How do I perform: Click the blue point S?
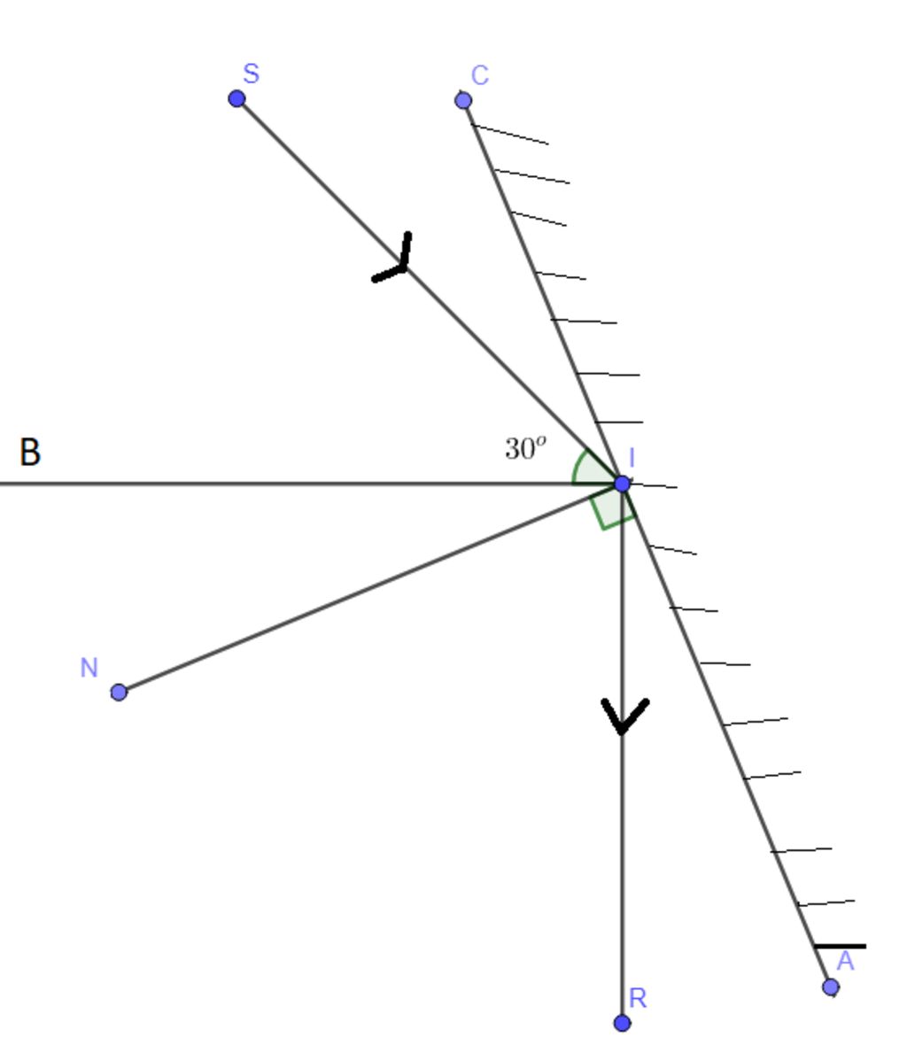pyautogui.click(x=236, y=98)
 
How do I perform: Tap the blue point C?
pyautogui.click(x=463, y=101)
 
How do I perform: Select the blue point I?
pyautogui.click(x=622, y=484)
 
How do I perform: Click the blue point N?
pyautogui.click(x=119, y=693)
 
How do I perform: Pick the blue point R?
pyautogui.click(x=622, y=1023)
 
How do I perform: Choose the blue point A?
pyautogui.click(x=831, y=987)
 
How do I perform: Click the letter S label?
pyautogui.click(x=252, y=74)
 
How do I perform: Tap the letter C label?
pyautogui.click(x=480, y=76)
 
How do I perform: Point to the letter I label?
pyautogui.click(x=632, y=458)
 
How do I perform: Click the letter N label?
pyautogui.click(x=89, y=668)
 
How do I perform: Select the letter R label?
pyautogui.click(x=638, y=999)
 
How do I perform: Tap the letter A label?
pyautogui.click(x=845, y=962)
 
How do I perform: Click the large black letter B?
pyautogui.click(x=30, y=452)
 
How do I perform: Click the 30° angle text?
pyautogui.click(x=525, y=449)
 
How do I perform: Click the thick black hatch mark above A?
pyautogui.click(x=840, y=946)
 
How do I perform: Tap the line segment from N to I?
pyautogui.click(x=370, y=588)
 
